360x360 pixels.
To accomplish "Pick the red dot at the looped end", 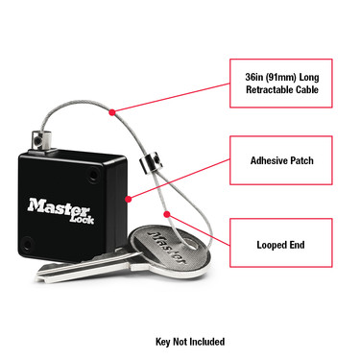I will (x=168, y=213).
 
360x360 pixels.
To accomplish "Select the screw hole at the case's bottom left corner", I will (x=27, y=251).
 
